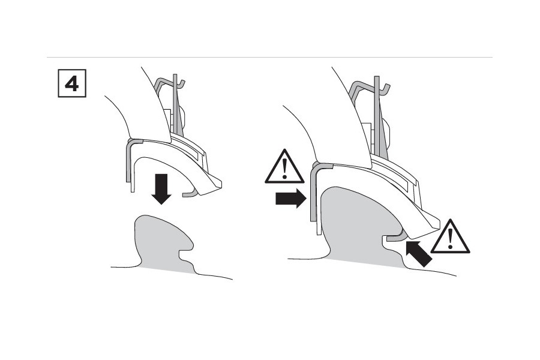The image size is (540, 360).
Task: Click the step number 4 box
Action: click(71, 84)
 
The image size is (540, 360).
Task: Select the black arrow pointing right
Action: click(290, 199)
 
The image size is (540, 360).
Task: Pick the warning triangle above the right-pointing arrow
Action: click(284, 166)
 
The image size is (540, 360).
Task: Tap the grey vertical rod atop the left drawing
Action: click(176, 102)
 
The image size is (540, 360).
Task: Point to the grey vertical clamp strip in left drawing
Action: click(128, 162)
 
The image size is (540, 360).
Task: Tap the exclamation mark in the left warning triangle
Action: click(284, 169)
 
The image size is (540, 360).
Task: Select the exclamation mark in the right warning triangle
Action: click(450, 238)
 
